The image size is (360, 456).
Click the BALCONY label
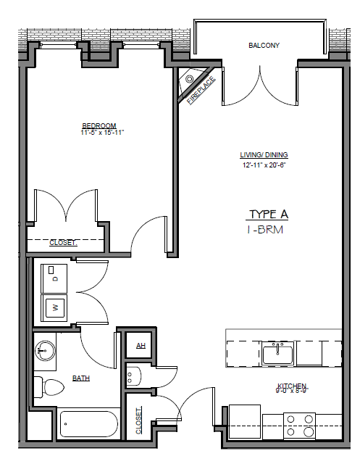[x=264, y=45]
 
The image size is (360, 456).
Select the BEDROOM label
[x=99, y=125]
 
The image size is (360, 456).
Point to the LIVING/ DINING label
[x=264, y=155]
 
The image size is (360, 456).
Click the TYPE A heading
[x=269, y=214]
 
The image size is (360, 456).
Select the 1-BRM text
[x=264, y=230]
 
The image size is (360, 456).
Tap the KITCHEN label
[x=292, y=386]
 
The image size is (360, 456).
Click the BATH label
[x=80, y=378]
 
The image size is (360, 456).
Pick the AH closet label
[x=141, y=346]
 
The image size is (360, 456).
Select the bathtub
[x=87, y=423]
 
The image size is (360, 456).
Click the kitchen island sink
[x=277, y=355]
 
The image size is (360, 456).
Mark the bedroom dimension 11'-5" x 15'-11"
[x=103, y=133]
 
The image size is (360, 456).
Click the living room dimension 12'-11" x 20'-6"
[x=264, y=165]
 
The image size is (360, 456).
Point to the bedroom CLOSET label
[x=62, y=242]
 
